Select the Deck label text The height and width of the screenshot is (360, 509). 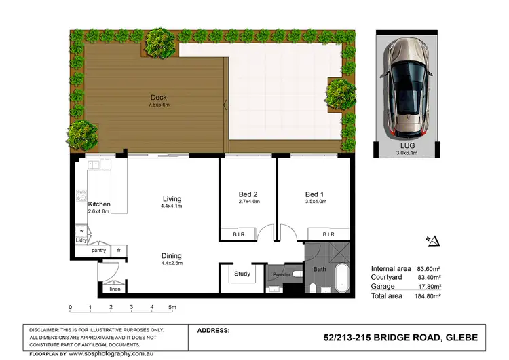158,97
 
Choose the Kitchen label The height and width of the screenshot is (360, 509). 99,204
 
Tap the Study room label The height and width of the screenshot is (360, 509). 242,274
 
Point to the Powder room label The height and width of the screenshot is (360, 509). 282,275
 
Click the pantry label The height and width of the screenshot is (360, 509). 99,251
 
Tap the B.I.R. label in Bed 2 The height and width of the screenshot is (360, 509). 243,234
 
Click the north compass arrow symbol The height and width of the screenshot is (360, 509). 434,240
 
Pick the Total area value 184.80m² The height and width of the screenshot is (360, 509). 428,296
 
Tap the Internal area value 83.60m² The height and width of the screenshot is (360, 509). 428,268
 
